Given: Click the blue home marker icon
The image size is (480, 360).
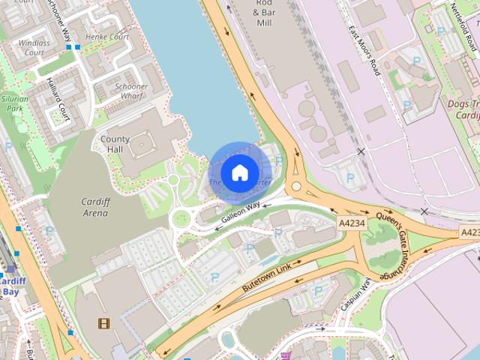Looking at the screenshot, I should tap(239, 172).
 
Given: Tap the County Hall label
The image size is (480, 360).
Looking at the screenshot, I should tap(115, 145).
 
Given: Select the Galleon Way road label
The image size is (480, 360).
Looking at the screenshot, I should tap(241, 213).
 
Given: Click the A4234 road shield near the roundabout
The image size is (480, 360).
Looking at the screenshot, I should tap(352, 223).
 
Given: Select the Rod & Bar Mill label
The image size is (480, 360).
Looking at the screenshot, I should tap(263, 13).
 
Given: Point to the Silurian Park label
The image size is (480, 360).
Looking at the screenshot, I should tap(16, 103).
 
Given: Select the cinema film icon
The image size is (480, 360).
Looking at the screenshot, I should tap(103, 324).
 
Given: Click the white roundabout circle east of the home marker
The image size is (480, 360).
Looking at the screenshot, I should tap(296, 186).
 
